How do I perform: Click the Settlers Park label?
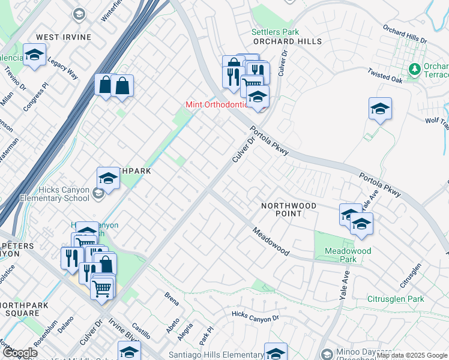(x=275, y=32)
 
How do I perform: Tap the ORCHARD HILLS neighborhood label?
(x=287, y=41)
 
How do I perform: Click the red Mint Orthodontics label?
(x=216, y=104)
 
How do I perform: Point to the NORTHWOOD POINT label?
(x=289, y=209)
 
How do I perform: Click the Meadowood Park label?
(x=348, y=255)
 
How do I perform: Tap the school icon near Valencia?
(x=35, y=56)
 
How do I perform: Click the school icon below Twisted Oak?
(x=380, y=109)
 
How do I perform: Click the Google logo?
(x=19, y=353)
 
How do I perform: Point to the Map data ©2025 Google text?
(x=411, y=355)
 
